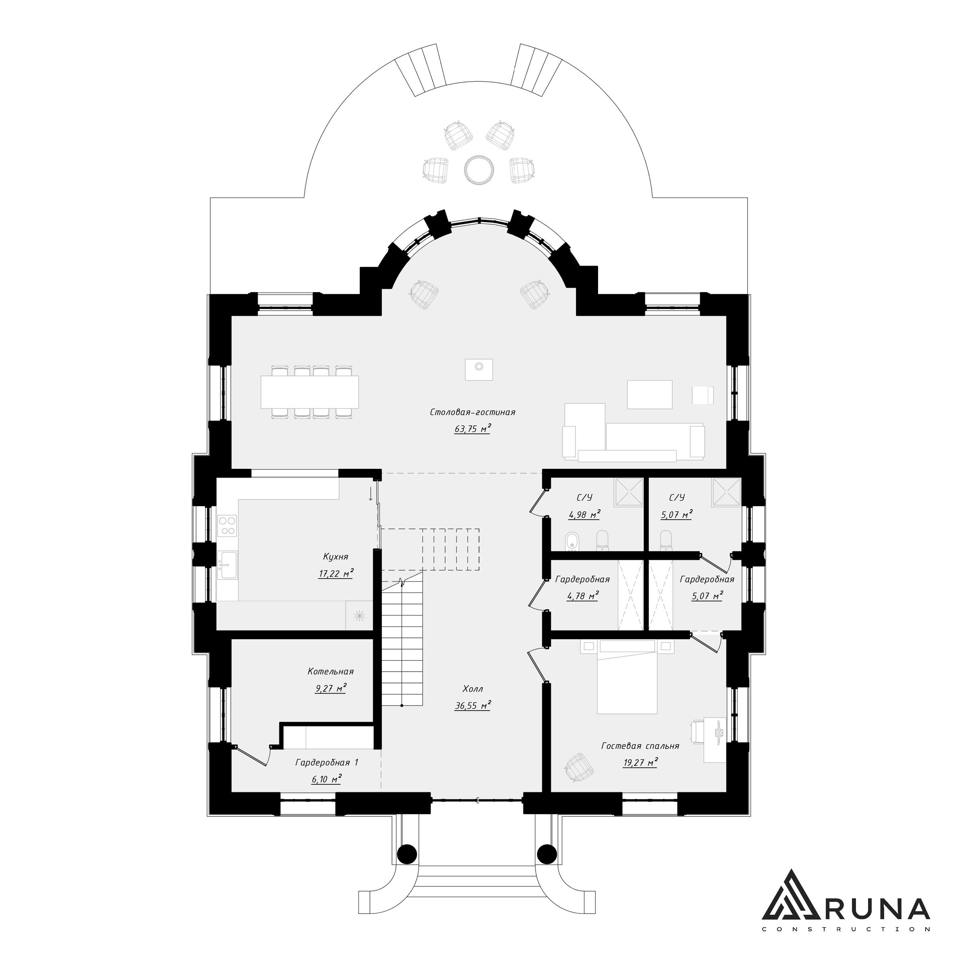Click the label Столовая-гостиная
tap(472, 412)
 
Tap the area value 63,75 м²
tap(472, 429)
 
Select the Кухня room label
tap(335, 557)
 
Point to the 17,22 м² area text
tap(336, 573)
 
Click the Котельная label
tap(330, 672)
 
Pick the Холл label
tap(472, 689)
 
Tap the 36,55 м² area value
tap(472, 705)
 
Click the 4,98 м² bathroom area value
tap(584, 514)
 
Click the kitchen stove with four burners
tap(227, 526)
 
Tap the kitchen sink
tap(228, 565)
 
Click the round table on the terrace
tap(479, 170)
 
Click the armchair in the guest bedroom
tap(579, 768)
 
